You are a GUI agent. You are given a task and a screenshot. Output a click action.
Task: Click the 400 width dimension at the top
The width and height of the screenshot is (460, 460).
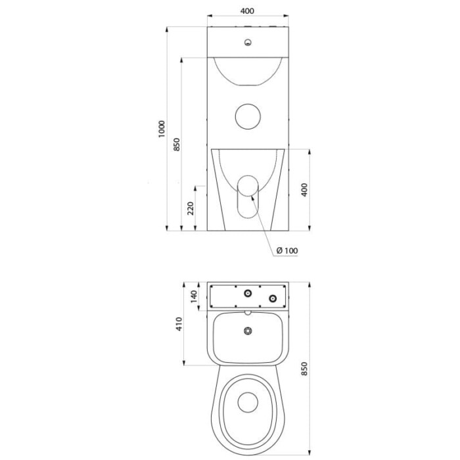point(247,11)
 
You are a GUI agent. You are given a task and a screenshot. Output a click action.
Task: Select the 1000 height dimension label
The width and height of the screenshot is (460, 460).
point(162,129)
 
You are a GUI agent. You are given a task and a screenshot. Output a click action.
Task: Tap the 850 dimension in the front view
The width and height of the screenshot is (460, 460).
point(177,145)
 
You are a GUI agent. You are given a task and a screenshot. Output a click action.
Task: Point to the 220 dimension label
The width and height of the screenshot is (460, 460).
point(191,208)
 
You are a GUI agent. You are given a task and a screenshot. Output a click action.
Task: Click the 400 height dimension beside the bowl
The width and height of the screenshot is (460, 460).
point(304,190)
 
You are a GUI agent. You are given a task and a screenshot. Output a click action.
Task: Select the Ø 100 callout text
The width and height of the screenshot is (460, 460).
point(287,250)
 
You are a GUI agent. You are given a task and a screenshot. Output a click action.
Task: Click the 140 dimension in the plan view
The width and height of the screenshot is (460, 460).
point(194,296)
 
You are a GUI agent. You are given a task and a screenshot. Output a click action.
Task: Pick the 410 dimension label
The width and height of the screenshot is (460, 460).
point(179,324)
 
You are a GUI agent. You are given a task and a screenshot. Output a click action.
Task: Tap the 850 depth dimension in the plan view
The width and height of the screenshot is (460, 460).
point(304,369)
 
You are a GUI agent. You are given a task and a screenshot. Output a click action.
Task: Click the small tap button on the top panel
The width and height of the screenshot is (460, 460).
point(248,43)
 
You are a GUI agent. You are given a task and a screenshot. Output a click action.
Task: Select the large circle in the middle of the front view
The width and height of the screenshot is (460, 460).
point(248,116)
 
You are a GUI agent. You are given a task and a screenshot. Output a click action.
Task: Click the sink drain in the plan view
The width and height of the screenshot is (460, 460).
point(248,331)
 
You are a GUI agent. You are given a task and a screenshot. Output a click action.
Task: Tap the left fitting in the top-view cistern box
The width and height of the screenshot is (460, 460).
point(248,293)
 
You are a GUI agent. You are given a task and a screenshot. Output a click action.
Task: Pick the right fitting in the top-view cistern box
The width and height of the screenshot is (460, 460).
point(273,298)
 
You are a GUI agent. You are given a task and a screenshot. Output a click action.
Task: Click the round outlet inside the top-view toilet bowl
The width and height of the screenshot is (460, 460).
point(248,402)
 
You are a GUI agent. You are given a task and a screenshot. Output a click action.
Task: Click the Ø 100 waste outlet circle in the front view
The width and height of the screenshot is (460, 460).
point(248,186)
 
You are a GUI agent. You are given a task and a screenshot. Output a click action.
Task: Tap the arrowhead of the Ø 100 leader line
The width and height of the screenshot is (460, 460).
point(251,198)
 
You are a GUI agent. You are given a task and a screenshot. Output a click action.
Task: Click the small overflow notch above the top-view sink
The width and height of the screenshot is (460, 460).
point(248,313)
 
